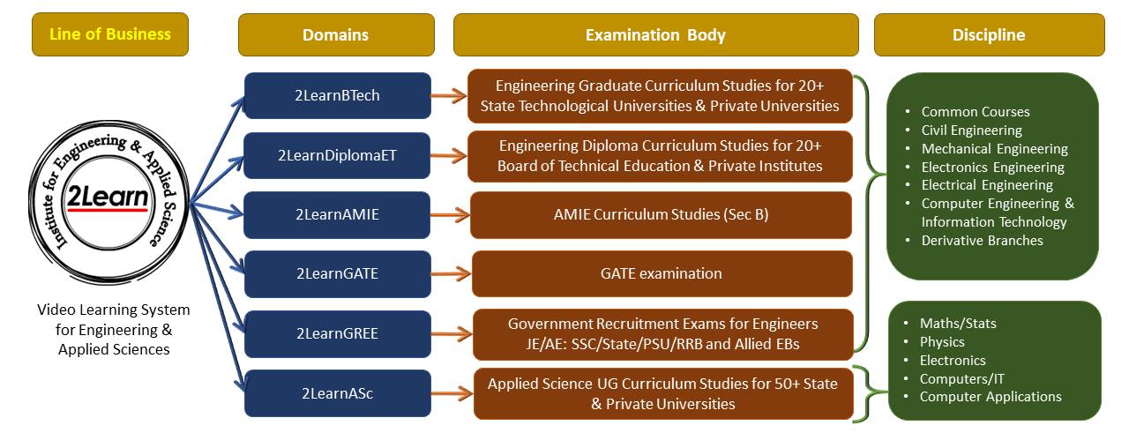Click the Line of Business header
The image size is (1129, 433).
coord(110,34)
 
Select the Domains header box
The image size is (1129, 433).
coord(336,34)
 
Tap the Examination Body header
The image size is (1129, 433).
coord(655,34)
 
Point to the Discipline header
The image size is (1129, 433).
coord(990,34)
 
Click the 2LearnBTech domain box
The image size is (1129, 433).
coord(337,95)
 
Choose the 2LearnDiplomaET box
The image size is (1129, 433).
coord(337,155)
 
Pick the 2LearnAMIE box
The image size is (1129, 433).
coord(337,214)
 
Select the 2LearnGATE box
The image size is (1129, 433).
coord(337,273)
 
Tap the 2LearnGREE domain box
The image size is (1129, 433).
coord(337,333)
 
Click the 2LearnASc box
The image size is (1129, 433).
coord(337,393)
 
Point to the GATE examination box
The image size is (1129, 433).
coord(662,273)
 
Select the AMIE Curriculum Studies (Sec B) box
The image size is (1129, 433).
coord(661,214)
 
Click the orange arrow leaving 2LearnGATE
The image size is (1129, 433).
coord(451,274)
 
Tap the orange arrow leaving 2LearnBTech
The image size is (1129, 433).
coord(449,96)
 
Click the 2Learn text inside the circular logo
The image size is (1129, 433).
coord(108,197)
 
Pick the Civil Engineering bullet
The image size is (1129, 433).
coord(971,130)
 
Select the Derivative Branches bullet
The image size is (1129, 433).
coord(982,241)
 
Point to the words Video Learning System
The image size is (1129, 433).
coord(114,310)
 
